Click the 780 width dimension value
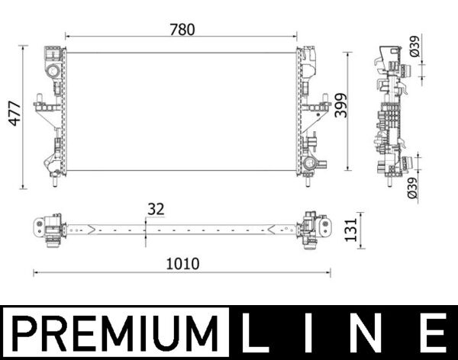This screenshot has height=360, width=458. [x=182, y=30]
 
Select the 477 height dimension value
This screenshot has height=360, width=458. [x=11, y=116]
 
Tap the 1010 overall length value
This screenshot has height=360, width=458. [x=182, y=263]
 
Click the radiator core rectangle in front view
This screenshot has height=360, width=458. [x=182, y=111]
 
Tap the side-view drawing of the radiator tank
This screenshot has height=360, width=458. [x=390, y=114]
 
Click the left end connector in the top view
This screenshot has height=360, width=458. [x=47, y=227]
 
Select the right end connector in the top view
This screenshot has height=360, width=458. [x=314, y=227]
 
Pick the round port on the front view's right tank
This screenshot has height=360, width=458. [x=308, y=163]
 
